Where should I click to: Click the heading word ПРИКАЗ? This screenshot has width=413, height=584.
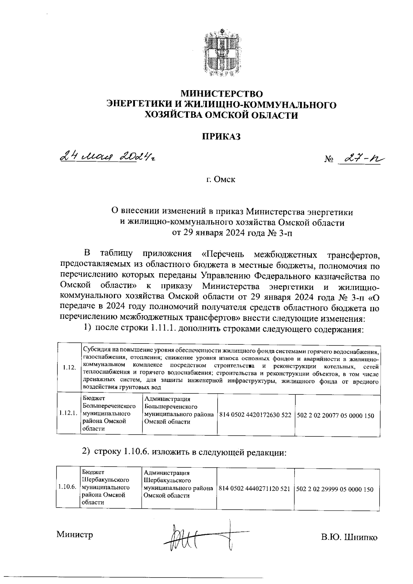221,137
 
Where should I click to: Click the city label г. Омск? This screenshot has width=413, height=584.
221,180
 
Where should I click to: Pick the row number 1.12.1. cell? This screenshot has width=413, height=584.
68,413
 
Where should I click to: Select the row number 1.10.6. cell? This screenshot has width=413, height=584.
67,487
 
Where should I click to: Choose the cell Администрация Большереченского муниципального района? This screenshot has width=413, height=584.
179,410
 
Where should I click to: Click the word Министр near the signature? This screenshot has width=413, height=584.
75,535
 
